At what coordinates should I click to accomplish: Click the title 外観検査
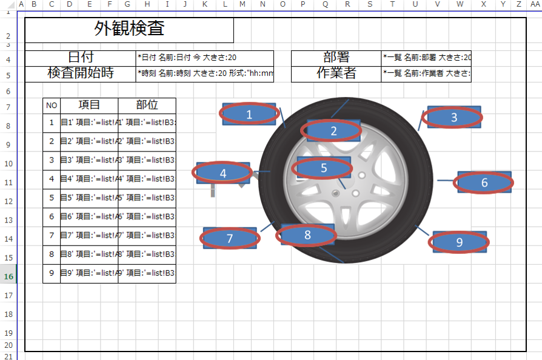[x=129, y=28]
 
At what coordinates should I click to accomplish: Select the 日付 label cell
[x=81, y=58]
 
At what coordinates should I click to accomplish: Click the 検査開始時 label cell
[x=81, y=73]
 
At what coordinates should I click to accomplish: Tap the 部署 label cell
[x=336, y=58]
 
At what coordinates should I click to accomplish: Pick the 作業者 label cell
[x=336, y=73]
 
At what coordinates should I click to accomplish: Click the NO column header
[x=52, y=105]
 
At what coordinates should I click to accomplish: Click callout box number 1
[x=249, y=114]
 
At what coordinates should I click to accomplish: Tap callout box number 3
[x=454, y=118]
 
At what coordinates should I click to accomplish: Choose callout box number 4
[x=223, y=173]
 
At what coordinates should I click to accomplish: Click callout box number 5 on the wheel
[x=324, y=168]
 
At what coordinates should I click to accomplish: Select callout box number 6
[x=484, y=182]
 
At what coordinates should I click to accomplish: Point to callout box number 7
[x=230, y=239]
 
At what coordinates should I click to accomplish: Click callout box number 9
[x=460, y=242]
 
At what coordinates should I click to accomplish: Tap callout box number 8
[x=307, y=235]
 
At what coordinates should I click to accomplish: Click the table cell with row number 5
[x=52, y=198]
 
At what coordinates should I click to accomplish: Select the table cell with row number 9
[x=52, y=273]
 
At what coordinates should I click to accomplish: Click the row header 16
[x=8, y=276]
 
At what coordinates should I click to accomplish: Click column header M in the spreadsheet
[x=242, y=5]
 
